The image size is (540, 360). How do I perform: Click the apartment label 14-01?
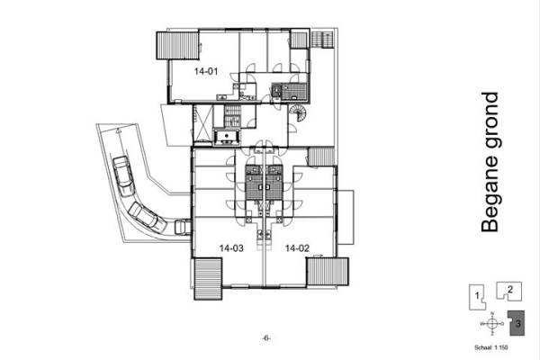[x=205, y=69]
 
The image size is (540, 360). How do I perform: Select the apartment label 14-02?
[x=297, y=247]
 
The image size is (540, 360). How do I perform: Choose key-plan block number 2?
[x=509, y=290]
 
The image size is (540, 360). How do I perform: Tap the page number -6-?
[x=266, y=337]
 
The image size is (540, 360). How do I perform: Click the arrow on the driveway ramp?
[x=116, y=131]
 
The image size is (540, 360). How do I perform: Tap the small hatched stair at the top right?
[x=321, y=40]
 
